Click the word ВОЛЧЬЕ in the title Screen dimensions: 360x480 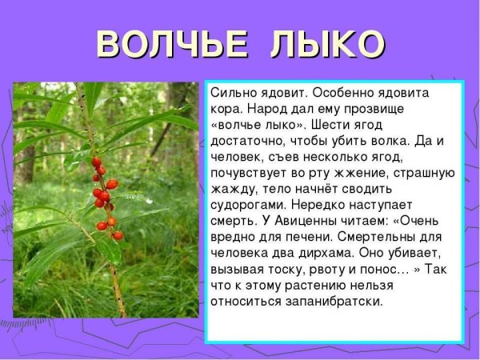[164, 45]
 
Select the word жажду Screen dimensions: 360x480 [233, 189]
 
